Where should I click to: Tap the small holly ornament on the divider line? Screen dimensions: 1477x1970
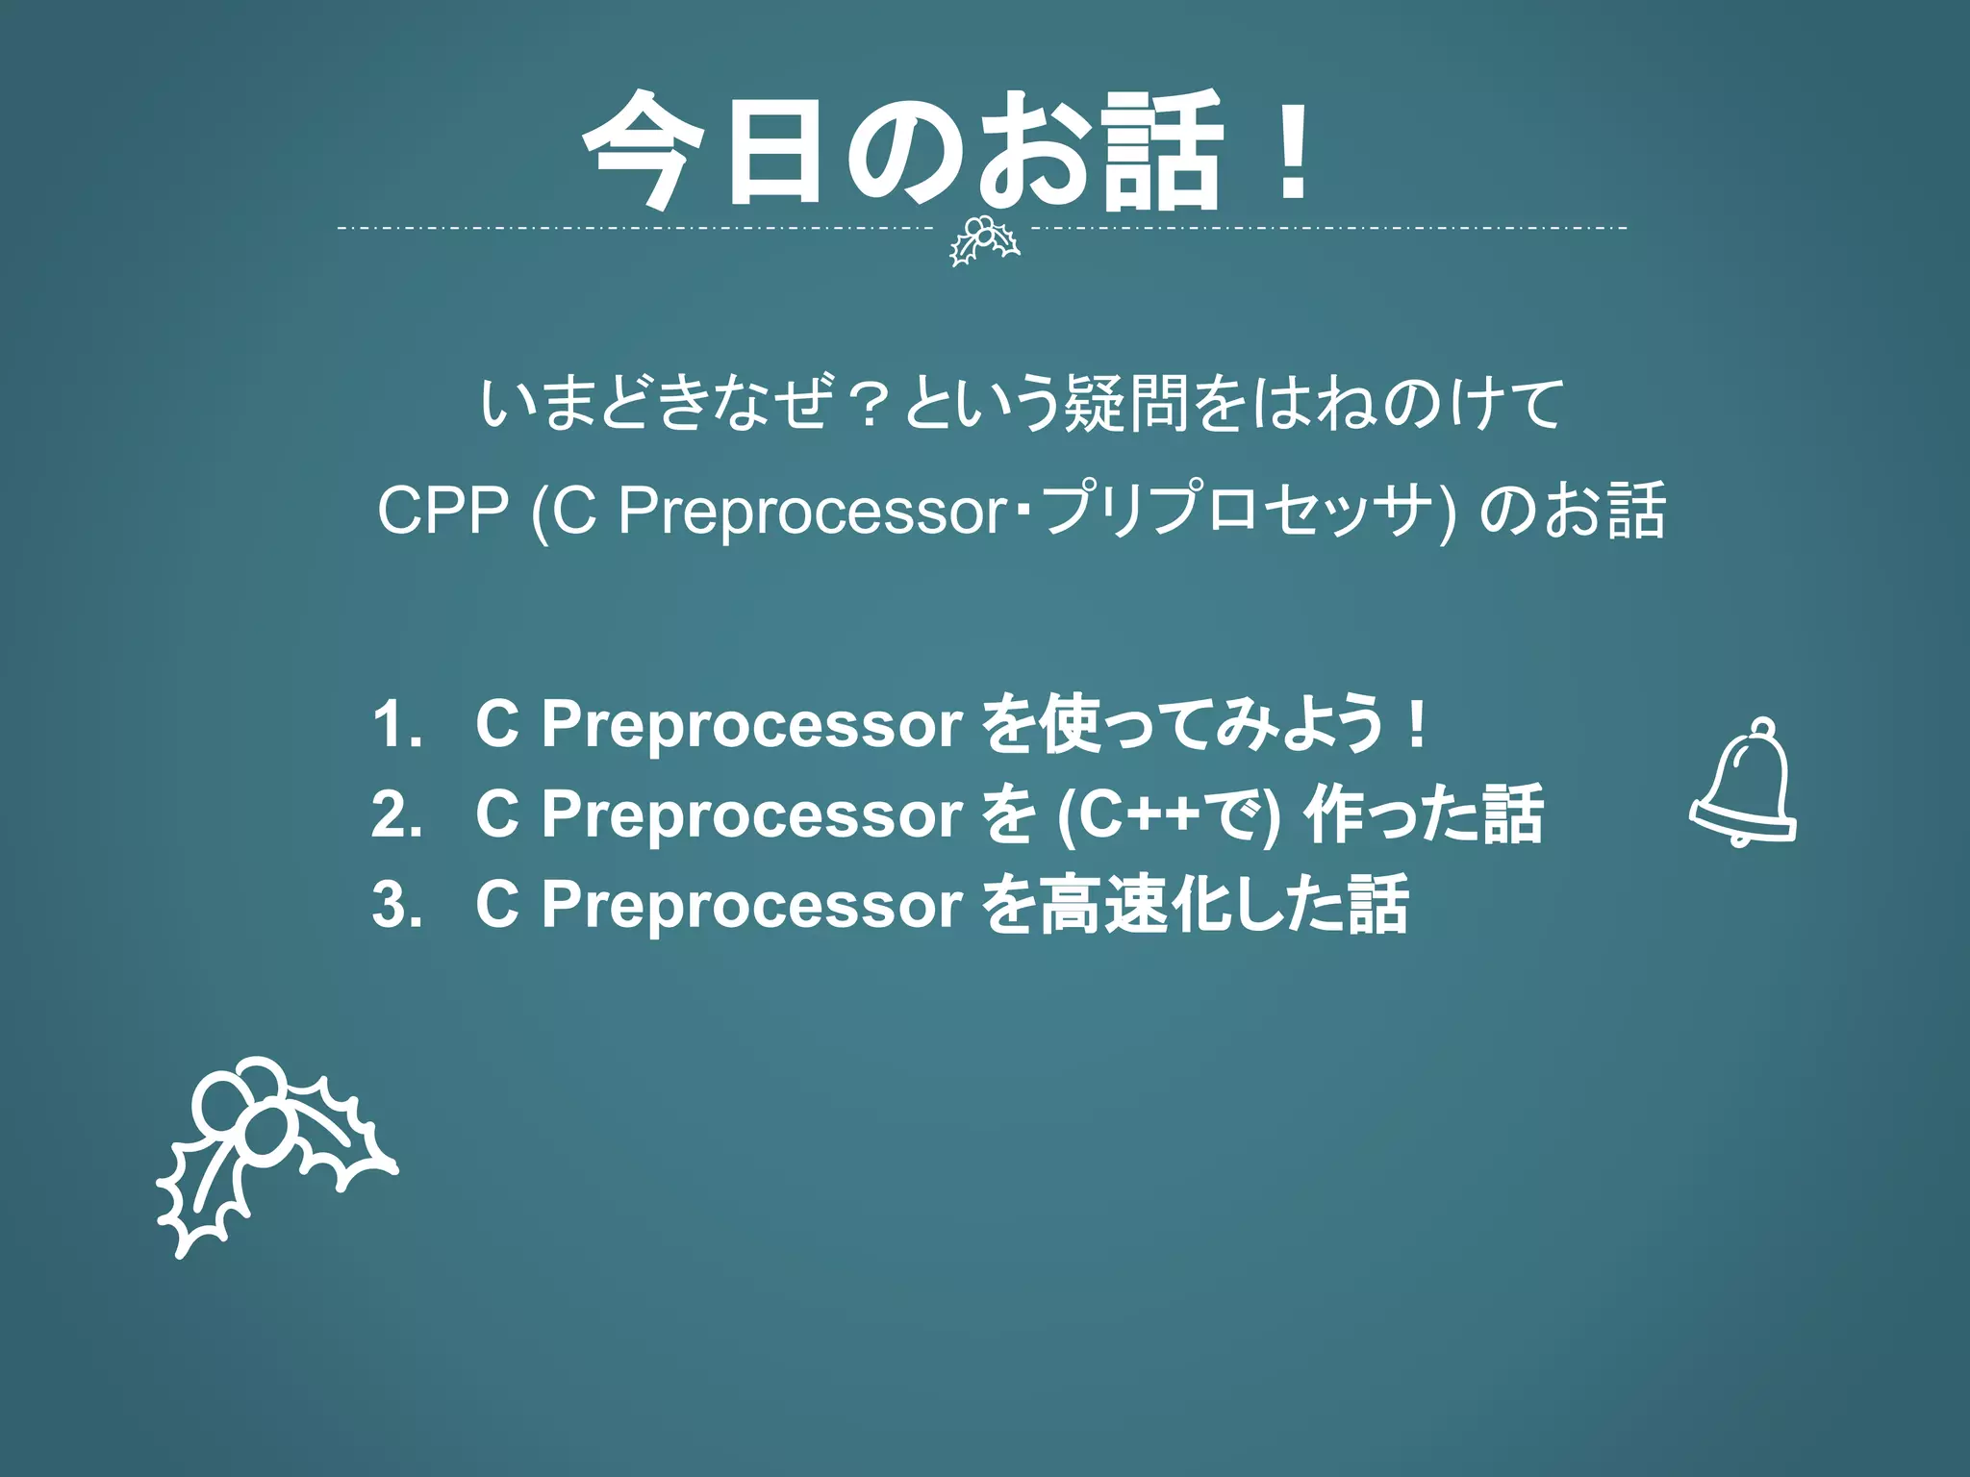(984, 239)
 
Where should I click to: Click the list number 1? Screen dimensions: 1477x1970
(395, 723)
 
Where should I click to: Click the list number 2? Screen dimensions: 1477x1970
(395, 814)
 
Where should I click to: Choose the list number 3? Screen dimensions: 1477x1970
(395, 904)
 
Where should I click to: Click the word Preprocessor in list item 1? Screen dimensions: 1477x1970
(751, 723)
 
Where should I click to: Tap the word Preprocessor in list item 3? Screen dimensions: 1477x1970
(751, 904)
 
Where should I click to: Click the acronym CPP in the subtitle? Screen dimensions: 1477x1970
(442, 510)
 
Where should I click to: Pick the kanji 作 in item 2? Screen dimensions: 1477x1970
(1335, 814)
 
